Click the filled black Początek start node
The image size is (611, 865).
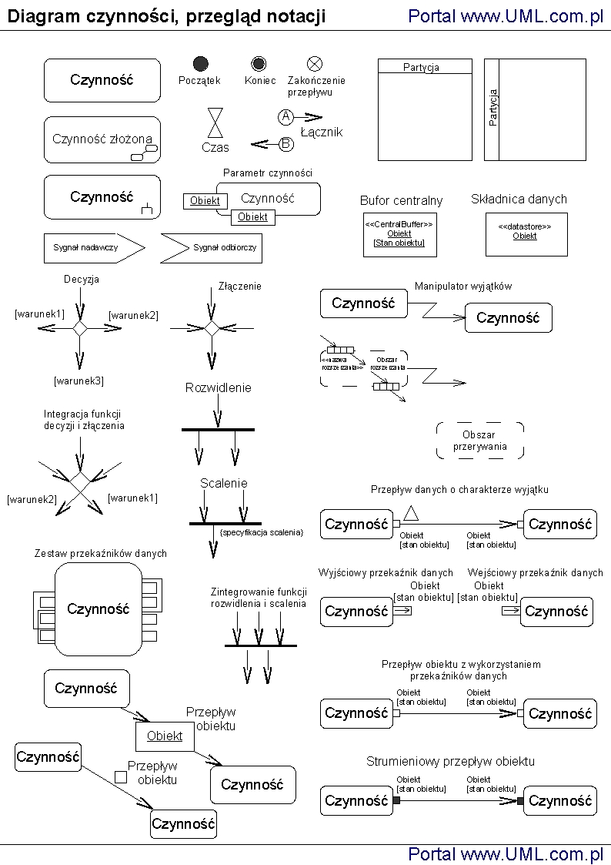click(201, 64)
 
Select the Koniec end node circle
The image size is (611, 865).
click(259, 64)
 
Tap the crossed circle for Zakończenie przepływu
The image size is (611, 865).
click(315, 64)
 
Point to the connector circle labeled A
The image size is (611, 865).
click(285, 117)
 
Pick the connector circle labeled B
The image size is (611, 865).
click(285, 143)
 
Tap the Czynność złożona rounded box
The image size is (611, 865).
click(102, 139)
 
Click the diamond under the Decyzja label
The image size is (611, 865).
click(80, 328)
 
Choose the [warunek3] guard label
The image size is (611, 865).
click(78, 381)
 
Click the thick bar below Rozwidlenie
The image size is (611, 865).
click(218, 429)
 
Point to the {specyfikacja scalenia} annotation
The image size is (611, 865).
click(262, 532)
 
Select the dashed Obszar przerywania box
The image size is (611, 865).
click(480, 441)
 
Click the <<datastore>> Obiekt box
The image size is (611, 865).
click(525, 234)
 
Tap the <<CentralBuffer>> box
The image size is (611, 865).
click(399, 234)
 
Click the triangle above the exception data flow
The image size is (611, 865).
click(412, 513)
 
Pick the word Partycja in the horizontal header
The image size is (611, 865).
click(421, 67)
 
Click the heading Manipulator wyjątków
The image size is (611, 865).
click(463, 286)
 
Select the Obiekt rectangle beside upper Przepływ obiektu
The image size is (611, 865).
click(165, 736)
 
